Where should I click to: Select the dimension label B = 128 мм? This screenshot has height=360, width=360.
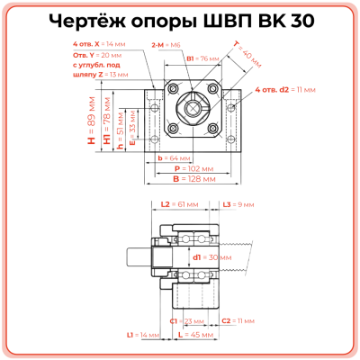(191, 179)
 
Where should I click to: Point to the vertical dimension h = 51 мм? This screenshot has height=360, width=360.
(121, 134)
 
